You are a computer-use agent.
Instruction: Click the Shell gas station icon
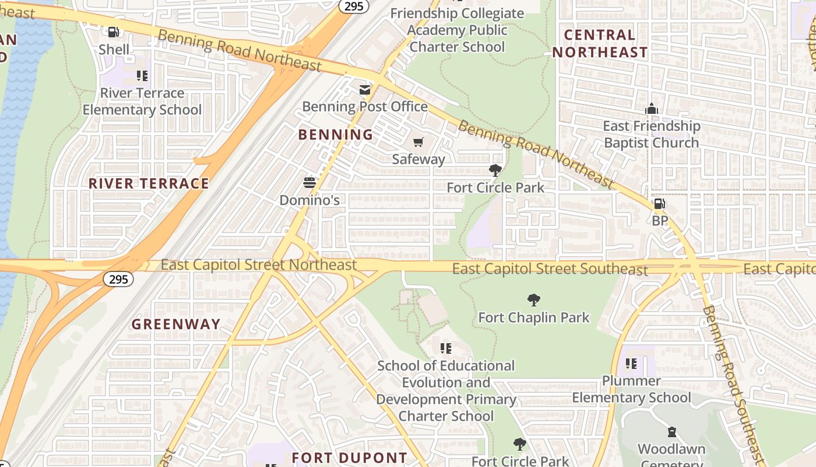tap(114, 32)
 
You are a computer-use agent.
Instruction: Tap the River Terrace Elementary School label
tap(142, 102)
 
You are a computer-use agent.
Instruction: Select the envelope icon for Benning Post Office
tap(365, 90)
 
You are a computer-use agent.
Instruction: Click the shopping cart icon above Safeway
tap(418, 142)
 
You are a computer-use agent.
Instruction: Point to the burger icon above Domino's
tap(309, 183)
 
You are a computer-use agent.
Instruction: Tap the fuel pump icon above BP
tap(659, 204)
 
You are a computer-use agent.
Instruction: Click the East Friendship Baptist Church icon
tap(651, 109)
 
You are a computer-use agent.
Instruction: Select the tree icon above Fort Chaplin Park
tap(533, 301)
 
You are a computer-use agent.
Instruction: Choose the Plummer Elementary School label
tap(631, 389)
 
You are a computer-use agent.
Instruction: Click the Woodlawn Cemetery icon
tap(671, 433)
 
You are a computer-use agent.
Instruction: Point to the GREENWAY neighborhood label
tap(176, 325)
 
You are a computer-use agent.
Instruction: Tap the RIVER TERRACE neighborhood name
tap(149, 183)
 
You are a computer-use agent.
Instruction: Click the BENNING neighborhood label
tap(336, 135)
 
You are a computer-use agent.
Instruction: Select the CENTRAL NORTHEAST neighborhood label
tap(600, 44)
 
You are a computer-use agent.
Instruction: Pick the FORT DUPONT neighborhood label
tap(349, 458)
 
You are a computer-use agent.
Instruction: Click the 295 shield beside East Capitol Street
tap(118, 279)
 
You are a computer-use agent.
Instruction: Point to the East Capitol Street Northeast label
tap(259, 264)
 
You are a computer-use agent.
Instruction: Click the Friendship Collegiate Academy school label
tap(457, 30)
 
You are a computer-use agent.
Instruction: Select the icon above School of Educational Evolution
tap(446, 348)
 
